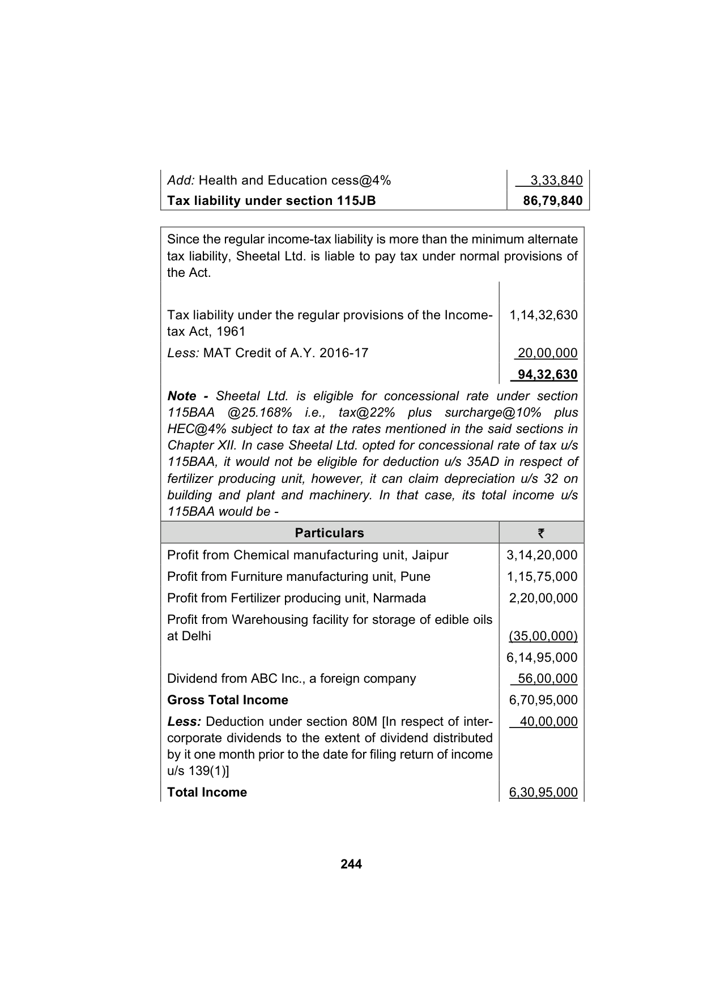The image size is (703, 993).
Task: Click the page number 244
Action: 351,864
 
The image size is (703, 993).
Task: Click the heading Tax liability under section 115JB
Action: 271,201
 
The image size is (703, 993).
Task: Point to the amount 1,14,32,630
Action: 543,315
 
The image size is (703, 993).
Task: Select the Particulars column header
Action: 329,533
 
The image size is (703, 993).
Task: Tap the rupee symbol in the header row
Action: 541,533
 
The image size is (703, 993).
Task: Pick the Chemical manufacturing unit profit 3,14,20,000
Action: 542,555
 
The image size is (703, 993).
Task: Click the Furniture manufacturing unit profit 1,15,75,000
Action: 542,577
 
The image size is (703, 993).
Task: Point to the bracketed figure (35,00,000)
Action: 543,636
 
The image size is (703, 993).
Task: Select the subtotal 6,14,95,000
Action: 542,658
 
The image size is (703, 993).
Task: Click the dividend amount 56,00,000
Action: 547,679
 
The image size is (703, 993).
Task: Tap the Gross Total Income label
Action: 228,700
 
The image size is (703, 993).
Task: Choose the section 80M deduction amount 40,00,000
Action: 547,722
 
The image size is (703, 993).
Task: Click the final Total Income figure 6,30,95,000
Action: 543,793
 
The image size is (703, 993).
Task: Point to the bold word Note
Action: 182,396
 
